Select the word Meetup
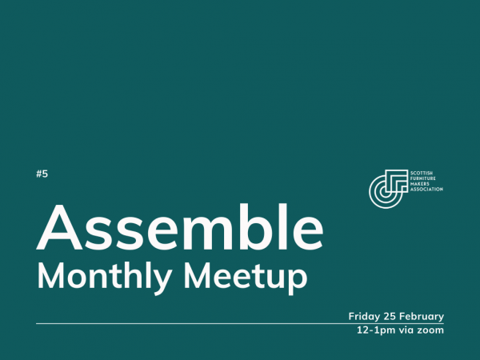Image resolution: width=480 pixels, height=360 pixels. tap(241, 276)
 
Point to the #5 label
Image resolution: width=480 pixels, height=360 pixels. tap(42, 174)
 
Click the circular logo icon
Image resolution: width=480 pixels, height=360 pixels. tap(387, 186)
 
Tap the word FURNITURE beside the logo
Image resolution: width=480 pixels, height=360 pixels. tap(422, 178)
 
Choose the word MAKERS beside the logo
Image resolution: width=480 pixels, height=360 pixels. tap(418, 183)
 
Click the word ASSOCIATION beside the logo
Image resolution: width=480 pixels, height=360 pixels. tap(426, 190)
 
